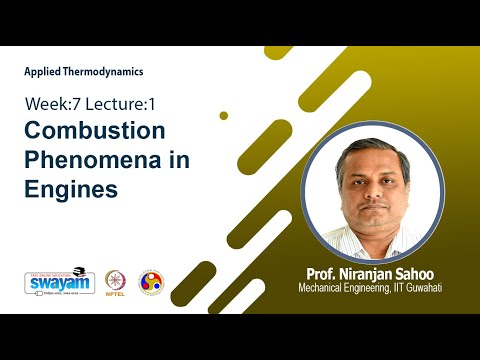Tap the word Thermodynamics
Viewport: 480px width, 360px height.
[x=105, y=72]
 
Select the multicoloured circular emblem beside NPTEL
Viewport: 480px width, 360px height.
[x=152, y=282]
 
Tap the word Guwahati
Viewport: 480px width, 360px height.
[x=432, y=289]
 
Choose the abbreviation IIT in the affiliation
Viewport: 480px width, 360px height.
[x=403, y=289]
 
